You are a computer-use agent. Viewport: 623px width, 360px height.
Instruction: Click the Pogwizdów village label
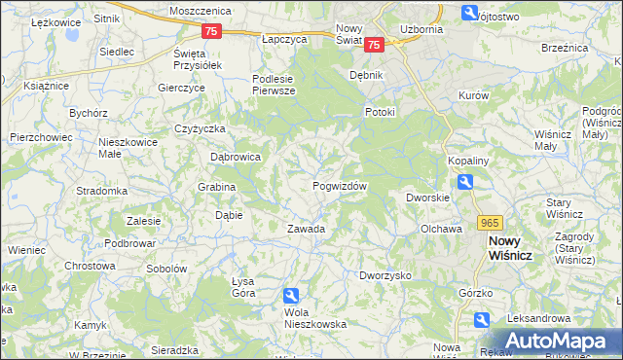pos(339,186)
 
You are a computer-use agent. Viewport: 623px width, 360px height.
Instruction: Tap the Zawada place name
pos(305,229)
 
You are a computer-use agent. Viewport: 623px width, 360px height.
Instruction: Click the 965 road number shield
pos(490,223)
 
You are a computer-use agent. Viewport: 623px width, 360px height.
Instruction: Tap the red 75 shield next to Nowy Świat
pos(377,44)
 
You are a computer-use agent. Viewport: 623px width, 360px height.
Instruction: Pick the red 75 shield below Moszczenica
pos(212,31)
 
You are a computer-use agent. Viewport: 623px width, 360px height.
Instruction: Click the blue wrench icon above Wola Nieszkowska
pos(291,296)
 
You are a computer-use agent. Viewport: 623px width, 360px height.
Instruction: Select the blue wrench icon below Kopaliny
pos(466,182)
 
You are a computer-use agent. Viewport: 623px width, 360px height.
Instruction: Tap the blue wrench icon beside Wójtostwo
pos(470,14)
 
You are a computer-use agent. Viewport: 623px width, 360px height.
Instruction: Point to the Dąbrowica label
pos(236,156)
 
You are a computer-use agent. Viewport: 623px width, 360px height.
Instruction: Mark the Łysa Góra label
pos(242,287)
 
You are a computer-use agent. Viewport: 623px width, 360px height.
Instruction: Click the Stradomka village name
pos(102,191)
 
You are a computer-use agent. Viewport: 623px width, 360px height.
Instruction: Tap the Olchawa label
pos(440,229)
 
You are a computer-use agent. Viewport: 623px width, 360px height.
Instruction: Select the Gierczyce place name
pos(181,87)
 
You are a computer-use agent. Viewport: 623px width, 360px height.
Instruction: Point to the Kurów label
pos(473,96)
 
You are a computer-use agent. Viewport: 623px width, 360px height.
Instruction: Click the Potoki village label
pos(380,111)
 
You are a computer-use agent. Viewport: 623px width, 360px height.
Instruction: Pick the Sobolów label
pos(165,268)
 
